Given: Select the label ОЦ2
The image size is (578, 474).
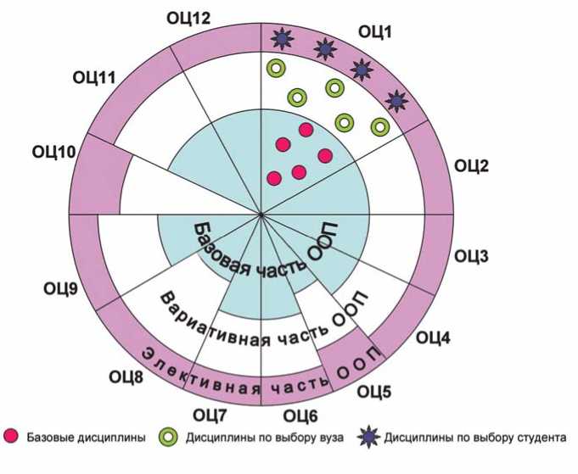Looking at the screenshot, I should [472, 165].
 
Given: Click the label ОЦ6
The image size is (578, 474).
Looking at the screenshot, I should [300, 415].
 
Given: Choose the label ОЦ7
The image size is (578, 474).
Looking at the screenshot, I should [210, 415].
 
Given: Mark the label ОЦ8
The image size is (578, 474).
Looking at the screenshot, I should [126, 375].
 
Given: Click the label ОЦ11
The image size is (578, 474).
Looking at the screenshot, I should [93, 79].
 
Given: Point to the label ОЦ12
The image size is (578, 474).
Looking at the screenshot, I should [188, 16].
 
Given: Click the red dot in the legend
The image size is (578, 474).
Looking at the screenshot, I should [12, 438].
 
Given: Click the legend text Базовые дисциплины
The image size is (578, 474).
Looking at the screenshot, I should [87, 438].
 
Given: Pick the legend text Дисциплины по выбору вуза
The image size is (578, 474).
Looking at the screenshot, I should [264, 438].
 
